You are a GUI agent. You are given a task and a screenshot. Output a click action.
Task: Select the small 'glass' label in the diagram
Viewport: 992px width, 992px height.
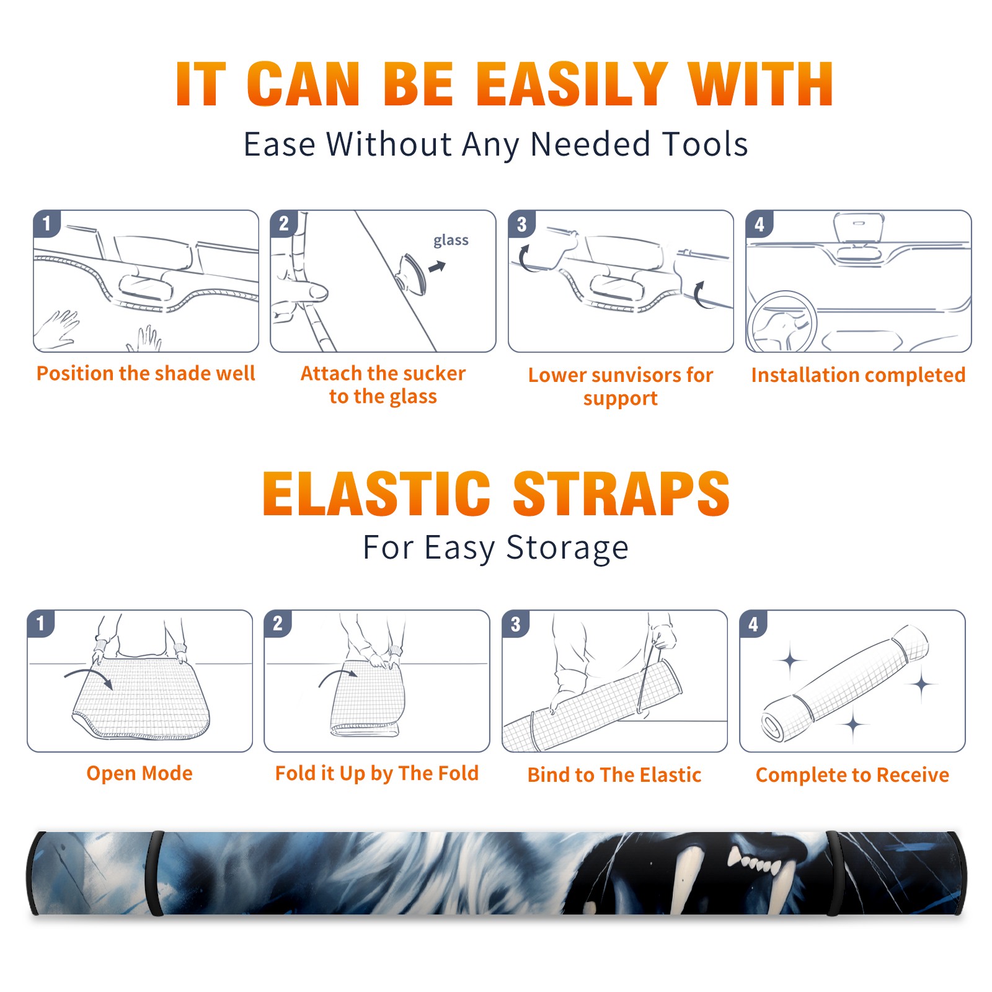pyautogui.click(x=451, y=241)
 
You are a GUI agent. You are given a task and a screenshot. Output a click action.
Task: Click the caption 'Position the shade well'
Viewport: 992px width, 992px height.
pyautogui.click(x=146, y=373)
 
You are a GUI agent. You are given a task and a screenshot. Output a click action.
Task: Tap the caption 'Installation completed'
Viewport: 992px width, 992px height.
pyautogui.click(x=858, y=374)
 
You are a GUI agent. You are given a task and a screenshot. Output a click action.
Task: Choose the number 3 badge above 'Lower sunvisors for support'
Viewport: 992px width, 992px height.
pyautogui.click(x=521, y=224)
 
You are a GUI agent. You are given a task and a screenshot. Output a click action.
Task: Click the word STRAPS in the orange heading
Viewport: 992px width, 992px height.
pyautogui.click(x=621, y=494)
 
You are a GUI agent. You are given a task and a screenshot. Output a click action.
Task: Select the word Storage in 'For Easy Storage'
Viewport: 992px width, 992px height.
pyautogui.click(x=567, y=548)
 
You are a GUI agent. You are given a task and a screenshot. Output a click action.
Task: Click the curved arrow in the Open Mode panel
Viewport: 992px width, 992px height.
pyautogui.click(x=89, y=677)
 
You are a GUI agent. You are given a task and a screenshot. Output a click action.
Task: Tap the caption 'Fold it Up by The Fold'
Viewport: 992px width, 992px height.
pyautogui.click(x=377, y=773)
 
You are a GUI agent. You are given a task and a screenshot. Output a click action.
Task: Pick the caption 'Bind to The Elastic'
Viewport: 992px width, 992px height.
pyautogui.click(x=614, y=774)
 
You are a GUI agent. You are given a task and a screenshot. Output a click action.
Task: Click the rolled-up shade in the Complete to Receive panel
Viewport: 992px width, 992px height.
pyautogui.click(x=845, y=683)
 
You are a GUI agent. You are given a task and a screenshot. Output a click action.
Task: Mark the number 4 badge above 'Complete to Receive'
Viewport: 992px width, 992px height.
pyautogui.click(x=753, y=624)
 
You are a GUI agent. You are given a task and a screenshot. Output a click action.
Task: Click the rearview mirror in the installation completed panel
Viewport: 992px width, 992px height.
pyautogui.click(x=858, y=228)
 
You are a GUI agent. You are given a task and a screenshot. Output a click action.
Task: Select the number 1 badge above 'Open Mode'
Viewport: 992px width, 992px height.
pyautogui.click(x=41, y=623)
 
